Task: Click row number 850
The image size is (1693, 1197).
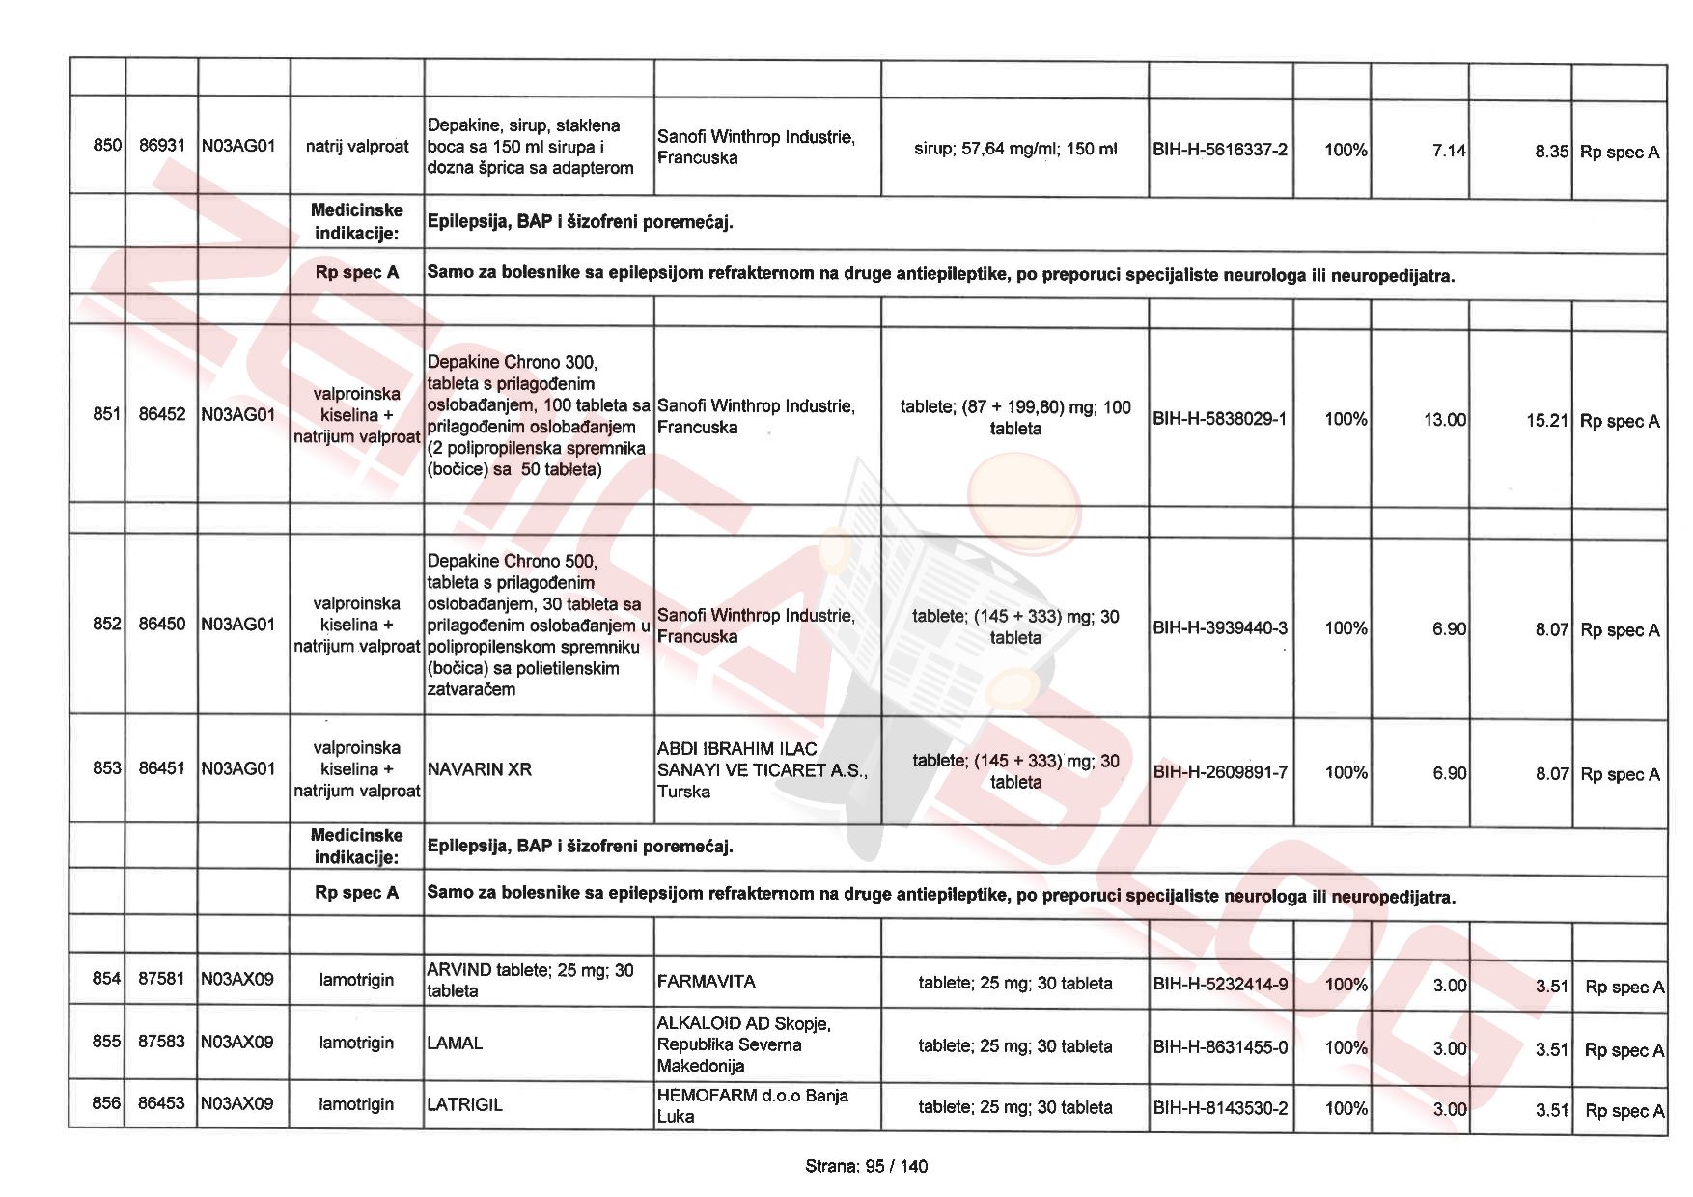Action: [107, 146]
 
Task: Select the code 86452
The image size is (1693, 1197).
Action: [162, 414]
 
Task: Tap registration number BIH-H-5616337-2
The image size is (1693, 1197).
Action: [1220, 150]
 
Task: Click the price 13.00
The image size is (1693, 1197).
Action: [1444, 420]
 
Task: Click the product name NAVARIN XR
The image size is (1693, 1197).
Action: [480, 769]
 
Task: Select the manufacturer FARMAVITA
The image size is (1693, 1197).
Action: [706, 982]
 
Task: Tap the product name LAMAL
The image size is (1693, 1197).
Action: [455, 1044]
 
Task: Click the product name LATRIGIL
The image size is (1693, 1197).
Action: [465, 1105]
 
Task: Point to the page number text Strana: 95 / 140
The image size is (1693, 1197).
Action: [866, 1166]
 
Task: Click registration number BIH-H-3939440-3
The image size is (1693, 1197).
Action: [1220, 628]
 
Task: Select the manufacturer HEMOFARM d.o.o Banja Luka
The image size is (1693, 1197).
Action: [752, 1105]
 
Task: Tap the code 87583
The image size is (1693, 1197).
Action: [161, 1042]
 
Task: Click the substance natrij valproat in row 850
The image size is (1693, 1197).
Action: [357, 147]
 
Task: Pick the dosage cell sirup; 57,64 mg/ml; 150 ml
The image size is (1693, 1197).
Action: [1014, 150]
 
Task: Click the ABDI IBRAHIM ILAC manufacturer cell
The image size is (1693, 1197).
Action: [762, 770]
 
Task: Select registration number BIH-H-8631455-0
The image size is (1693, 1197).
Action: [1220, 1047]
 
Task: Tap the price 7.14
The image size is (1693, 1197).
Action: [1449, 151]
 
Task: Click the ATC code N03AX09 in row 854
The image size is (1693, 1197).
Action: [237, 979]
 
